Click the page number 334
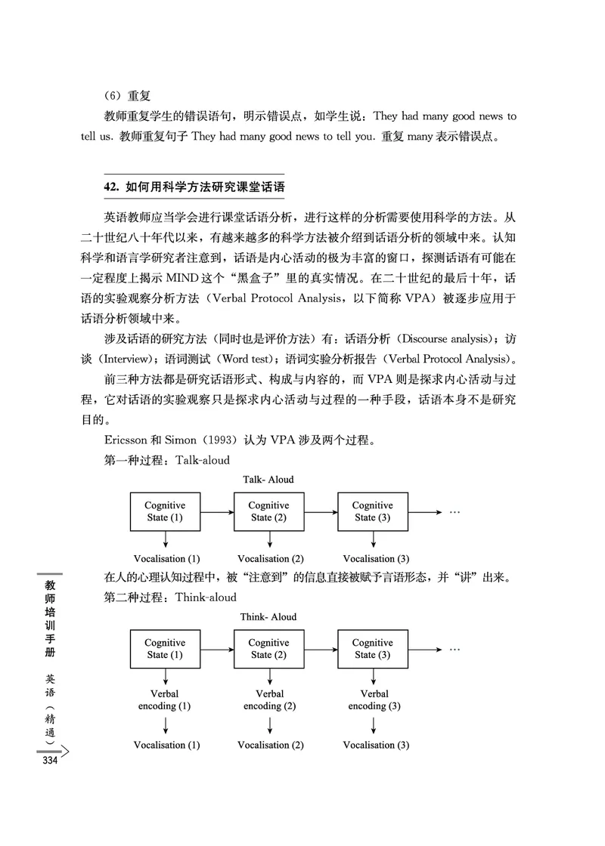pyautogui.click(x=51, y=761)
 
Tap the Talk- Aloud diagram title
pyautogui.click(x=268, y=480)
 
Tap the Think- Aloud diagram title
pyautogui.click(x=268, y=617)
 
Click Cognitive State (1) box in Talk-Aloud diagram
pyautogui.click(x=165, y=511)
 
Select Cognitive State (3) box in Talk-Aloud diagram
pyautogui.click(x=372, y=511)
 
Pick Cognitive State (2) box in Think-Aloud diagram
pyautogui.click(x=268, y=649)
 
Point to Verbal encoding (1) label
pyautogui.click(x=165, y=700)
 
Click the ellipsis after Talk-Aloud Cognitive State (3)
pyautogui.click(x=455, y=511)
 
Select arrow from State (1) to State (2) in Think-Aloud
pyautogui.click(x=217, y=649)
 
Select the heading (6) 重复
pyautogui.click(x=128, y=96)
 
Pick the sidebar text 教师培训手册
pyautogui.click(x=51, y=616)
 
